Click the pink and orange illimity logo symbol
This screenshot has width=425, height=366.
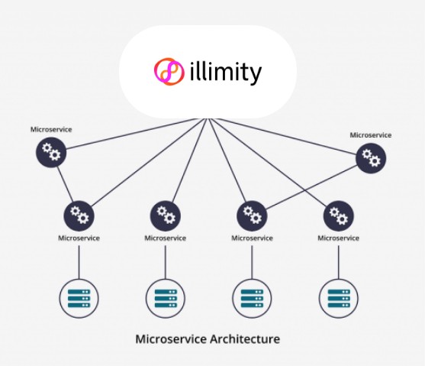click(169, 71)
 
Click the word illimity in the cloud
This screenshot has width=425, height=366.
click(226, 72)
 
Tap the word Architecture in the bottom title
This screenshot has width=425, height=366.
click(245, 339)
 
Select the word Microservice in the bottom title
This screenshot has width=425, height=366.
click(171, 339)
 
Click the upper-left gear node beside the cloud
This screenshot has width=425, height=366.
click(51, 152)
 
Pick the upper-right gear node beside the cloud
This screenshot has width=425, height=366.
click(371, 158)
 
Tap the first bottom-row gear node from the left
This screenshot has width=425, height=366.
click(79, 215)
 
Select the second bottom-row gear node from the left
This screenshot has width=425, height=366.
click(166, 215)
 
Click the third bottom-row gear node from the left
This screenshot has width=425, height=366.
click(252, 215)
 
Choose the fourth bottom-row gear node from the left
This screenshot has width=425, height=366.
click(339, 215)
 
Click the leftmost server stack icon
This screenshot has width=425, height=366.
click(79, 299)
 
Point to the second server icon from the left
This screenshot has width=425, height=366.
click(166, 299)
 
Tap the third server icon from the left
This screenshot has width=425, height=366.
click(252, 299)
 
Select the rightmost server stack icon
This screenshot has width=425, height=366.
click(339, 299)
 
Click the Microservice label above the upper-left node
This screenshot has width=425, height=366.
click(51, 129)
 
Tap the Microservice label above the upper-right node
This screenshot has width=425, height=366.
click(371, 135)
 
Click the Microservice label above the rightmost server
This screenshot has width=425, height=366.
click(338, 238)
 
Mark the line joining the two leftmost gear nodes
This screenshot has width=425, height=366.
click(65, 184)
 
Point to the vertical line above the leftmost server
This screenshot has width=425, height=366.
click(79, 262)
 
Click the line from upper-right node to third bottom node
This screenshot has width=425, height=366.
click(312, 187)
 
